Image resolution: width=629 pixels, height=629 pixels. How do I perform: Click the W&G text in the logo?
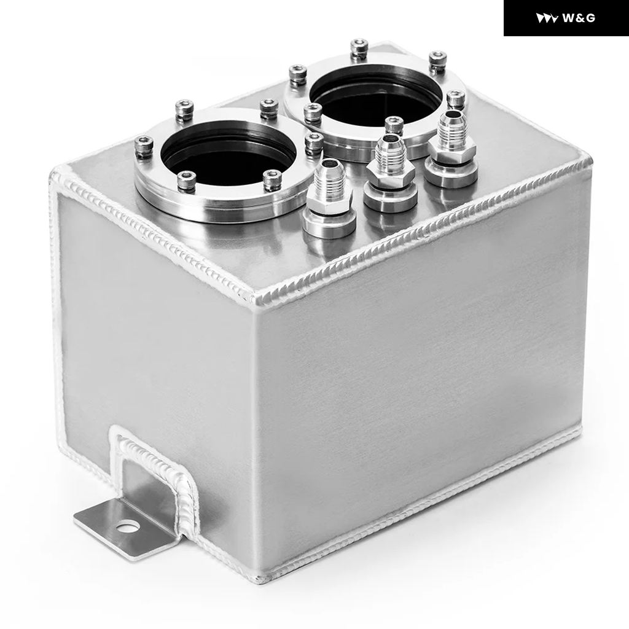pos(579,18)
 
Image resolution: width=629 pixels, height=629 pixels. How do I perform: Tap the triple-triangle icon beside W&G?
pos(547,18)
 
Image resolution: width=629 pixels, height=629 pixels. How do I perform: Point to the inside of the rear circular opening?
pos(375,98)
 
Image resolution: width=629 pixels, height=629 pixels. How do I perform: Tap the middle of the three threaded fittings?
pos(389,173)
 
